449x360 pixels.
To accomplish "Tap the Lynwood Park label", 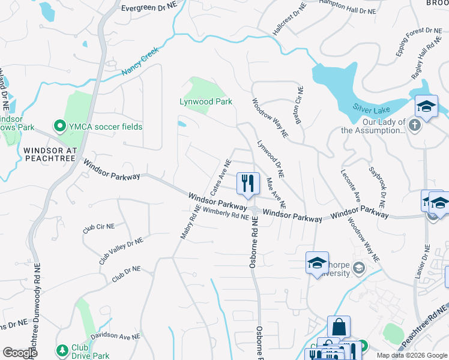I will (206, 102).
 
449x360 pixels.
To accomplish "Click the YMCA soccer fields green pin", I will (59, 127).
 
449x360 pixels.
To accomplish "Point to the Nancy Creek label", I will (139, 62).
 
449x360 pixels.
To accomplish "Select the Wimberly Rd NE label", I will (226, 213).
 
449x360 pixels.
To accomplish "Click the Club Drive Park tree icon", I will (61, 350).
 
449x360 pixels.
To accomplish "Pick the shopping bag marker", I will (339, 328).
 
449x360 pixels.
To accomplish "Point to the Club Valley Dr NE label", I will (121, 251).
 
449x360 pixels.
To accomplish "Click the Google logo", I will (20, 353).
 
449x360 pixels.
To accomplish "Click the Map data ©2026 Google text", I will (411, 355).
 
